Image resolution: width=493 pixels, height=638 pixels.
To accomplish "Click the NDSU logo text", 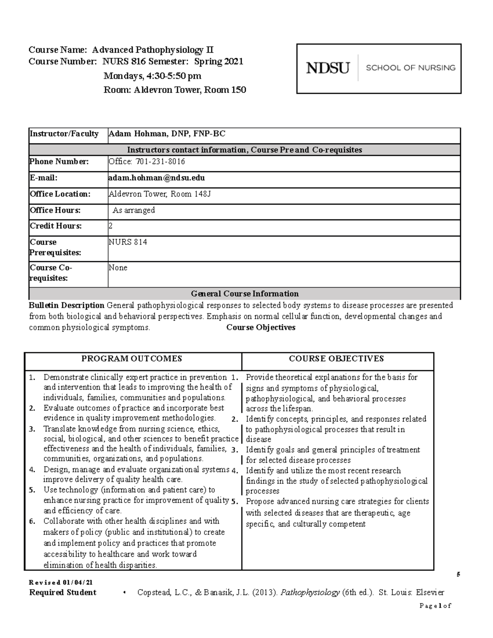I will [x=327, y=68].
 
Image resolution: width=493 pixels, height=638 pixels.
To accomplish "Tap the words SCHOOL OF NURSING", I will [x=410, y=68].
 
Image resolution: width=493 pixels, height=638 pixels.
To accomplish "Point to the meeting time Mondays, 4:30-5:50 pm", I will [x=152, y=76].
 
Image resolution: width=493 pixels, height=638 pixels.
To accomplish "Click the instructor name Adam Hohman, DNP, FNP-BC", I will [x=167, y=134].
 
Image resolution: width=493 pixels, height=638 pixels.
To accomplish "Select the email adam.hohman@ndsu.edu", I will [x=157, y=178].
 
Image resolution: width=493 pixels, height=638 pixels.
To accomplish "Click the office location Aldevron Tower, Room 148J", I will [x=160, y=194].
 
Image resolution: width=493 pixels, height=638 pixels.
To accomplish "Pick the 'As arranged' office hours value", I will [x=134, y=210].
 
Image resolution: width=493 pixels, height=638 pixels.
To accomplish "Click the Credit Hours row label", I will [x=55, y=226].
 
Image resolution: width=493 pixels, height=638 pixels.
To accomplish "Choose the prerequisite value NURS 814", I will [x=128, y=242].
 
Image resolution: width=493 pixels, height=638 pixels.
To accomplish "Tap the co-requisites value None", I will [x=118, y=268].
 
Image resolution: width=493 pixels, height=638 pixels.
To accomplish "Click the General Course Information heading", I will [x=244, y=294].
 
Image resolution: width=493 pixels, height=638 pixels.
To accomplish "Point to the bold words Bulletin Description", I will [x=66, y=305].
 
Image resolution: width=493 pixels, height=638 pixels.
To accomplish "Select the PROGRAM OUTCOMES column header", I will [x=131, y=359].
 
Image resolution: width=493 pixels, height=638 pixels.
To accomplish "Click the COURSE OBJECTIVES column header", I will [x=336, y=359].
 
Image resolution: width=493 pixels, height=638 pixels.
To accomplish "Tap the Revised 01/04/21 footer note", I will [x=58, y=583].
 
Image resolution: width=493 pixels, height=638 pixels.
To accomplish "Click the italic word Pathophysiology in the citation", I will [x=310, y=592].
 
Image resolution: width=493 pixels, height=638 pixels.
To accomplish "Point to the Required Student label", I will [x=63, y=592].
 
